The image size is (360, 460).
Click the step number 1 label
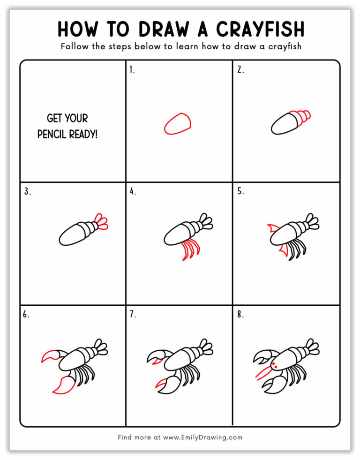click(x=132, y=70)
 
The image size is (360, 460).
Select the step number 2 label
click(x=240, y=70)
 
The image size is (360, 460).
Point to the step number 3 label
click(x=26, y=191)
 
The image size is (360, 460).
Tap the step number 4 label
click(x=133, y=191)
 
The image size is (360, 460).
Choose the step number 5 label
click(x=240, y=191)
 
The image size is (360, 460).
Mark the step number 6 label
click(x=26, y=315)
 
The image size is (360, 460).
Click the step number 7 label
click(x=133, y=315)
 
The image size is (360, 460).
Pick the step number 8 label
click(x=240, y=315)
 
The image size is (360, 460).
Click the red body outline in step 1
click(x=178, y=124)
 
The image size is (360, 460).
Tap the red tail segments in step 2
click(x=302, y=116)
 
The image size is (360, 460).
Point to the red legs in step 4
click(x=189, y=249)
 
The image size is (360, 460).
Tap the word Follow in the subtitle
click(x=75, y=47)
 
